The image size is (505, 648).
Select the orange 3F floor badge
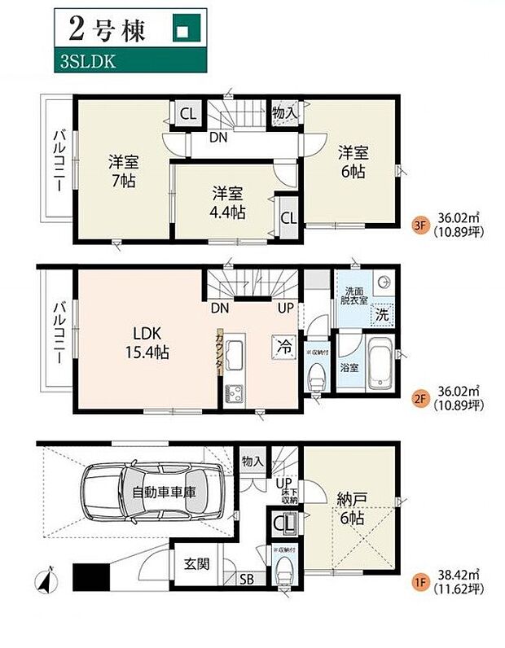(x=420, y=218)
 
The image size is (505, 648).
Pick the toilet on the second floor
(x=317, y=375)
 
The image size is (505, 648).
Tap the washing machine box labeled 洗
(x=380, y=313)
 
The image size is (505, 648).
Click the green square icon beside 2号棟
(x=183, y=31)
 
